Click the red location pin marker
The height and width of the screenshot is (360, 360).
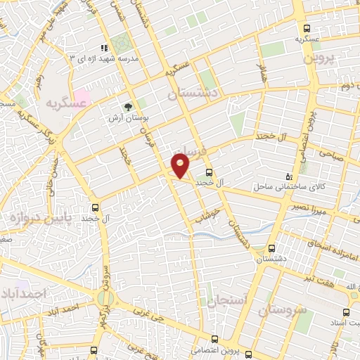coord(181,166)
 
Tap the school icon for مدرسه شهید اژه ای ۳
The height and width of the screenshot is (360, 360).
coord(104,49)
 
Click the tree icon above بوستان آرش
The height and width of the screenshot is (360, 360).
coord(127,106)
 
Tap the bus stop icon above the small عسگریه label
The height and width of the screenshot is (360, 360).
coord(306,28)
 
